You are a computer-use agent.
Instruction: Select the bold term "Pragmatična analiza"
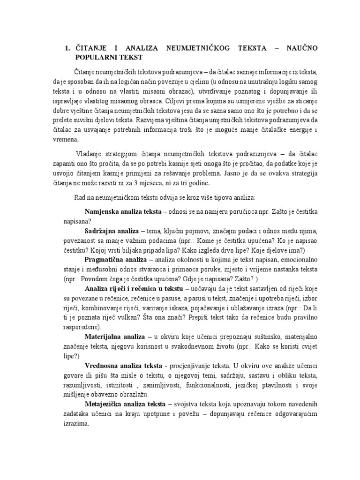point(115,259)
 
